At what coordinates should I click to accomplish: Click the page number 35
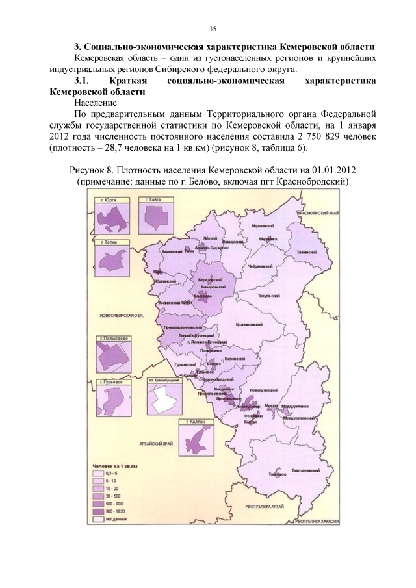(x=212, y=29)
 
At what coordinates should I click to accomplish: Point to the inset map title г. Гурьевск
(x=109, y=383)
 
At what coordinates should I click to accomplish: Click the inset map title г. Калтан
(x=195, y=422)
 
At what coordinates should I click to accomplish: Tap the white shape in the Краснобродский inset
(x=162, y=401)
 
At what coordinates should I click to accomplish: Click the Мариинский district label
(x=262, y=225)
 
